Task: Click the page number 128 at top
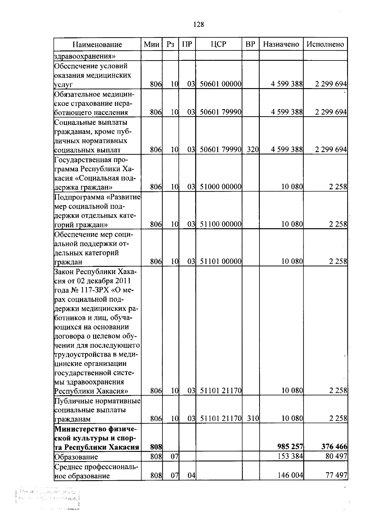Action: point(199,25)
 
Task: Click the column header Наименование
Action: point(97,44)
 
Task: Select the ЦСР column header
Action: point(218,44)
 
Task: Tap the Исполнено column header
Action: point(325,44)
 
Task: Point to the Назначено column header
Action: point(281,44)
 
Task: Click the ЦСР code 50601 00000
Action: point(221,84)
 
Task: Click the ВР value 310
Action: point(252,419)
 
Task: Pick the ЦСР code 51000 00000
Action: point(221,187)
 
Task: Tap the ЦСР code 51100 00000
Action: point(221,224)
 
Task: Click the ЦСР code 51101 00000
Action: point(221,262)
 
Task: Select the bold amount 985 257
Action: point(290,447)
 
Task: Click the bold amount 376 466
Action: point(334,447)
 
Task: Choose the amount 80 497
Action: point(336,456)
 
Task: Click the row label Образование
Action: point(76,457)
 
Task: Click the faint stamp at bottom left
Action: point(49,497)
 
